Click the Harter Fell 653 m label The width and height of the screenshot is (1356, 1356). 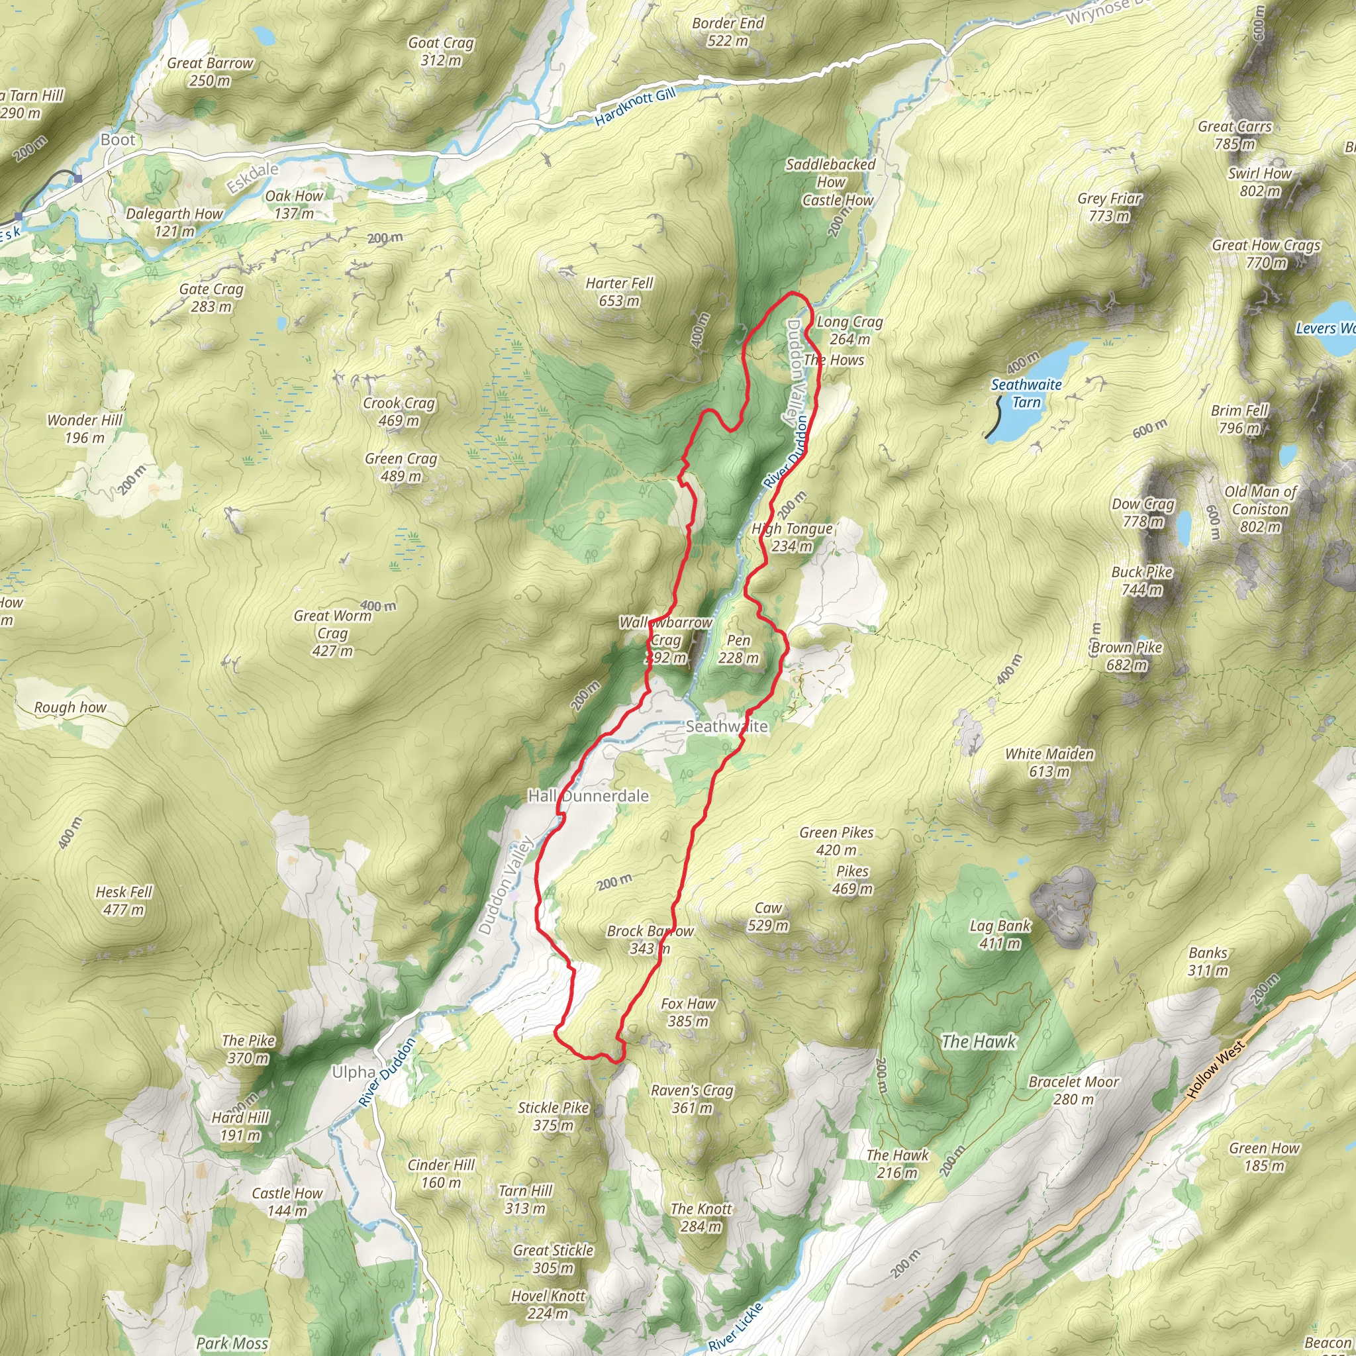tap(619, 292)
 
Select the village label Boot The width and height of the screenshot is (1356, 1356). tap(117, 140)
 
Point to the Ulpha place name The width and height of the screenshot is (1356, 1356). tap(353, 1072)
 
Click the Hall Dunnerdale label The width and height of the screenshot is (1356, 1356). tap(588, 796)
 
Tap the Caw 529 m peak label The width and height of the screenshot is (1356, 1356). tap(768, 916)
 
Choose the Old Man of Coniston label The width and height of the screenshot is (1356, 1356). tap(1261, 509)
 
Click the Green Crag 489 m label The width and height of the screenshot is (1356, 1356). tap(401, 467)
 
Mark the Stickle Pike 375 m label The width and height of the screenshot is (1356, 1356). tap(553, 1116)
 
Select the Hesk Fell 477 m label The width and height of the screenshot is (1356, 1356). tap(124, 900)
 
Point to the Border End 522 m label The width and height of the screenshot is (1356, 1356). tap(728, 32)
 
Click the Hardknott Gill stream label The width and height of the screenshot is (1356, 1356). tap(634, 107)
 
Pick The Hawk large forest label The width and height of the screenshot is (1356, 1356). tap(979, 1041)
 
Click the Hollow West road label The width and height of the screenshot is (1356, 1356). tap(1215, 1070)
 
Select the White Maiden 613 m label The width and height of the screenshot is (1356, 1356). tap(1049, 762)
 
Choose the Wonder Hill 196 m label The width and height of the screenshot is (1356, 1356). tap(84, 428)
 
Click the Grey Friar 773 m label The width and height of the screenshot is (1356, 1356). tap(1110, 207)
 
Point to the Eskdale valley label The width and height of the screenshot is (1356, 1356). tap(252, 177)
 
